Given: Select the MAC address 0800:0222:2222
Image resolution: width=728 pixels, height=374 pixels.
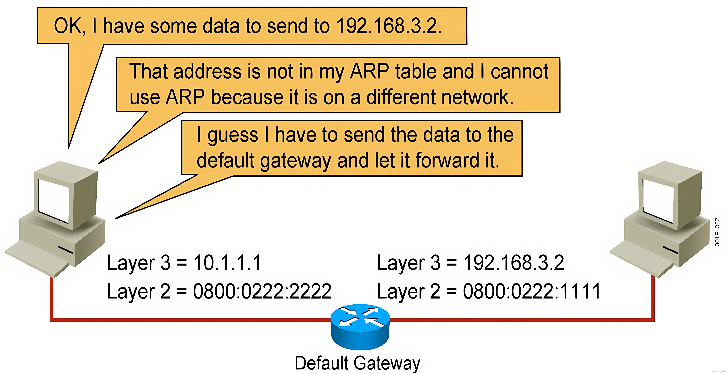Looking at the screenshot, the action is [x=262, y=291].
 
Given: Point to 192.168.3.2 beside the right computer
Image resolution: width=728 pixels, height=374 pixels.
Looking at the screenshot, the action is [x=514, y=263].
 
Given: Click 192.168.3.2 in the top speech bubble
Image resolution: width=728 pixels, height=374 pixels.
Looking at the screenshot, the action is [x=389, y=26].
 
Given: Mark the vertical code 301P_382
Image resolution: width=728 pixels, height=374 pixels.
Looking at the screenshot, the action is [x=717, y=232].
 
